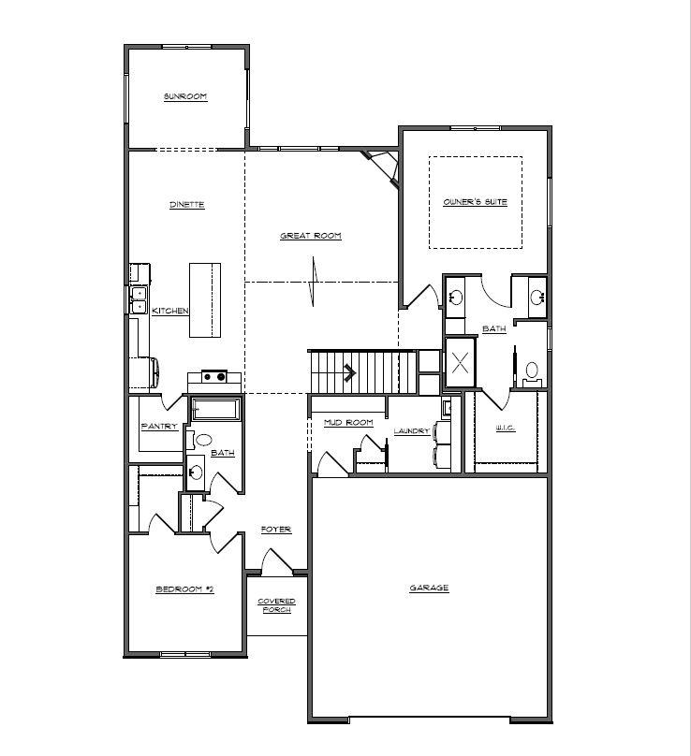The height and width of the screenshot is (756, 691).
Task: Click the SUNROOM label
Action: [185, 96]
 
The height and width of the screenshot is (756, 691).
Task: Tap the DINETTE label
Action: [186, 205]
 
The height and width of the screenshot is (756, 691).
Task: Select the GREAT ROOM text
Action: [311, 236]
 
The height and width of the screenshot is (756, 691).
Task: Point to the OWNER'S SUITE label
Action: [476, 202]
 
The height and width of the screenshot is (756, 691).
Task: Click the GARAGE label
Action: [429, 588]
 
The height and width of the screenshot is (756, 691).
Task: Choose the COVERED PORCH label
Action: [276, 605]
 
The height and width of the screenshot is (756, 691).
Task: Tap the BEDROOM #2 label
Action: [184, 589]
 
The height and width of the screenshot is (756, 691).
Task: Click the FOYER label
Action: [276, 530]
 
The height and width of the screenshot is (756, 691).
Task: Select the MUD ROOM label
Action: [348, 422]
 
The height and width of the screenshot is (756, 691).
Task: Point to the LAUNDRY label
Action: [411, 431]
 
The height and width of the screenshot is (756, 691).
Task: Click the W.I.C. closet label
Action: [506, 428]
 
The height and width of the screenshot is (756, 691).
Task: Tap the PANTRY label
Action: [159, 427]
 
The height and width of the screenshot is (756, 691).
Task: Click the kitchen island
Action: [205, 300]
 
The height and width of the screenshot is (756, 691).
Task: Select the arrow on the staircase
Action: [350, 372]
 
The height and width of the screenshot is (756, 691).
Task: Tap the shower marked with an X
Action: [460, 363]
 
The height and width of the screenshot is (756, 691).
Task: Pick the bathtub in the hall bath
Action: [215, 409]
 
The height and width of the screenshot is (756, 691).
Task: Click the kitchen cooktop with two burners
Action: [214, 376]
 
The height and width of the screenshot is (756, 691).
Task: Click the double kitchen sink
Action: [139, 300]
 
